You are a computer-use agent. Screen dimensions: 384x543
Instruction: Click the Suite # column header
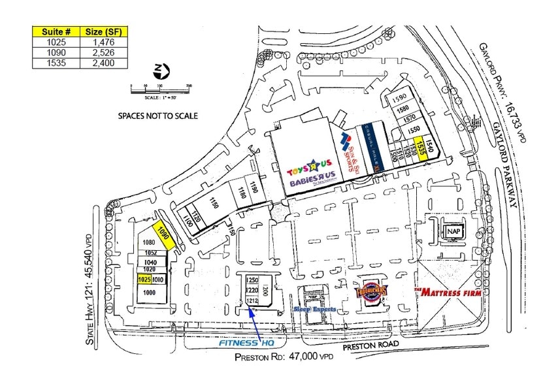pyautogui.click(x=55, y=31)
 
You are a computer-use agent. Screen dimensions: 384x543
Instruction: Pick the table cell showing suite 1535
pyautogui.click(x=55, y=63)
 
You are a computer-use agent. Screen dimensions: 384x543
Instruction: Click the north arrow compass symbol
pyautogui.click(x=159, y=71)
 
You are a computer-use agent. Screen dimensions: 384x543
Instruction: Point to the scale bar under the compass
pyautogui.click(x=160, y=88)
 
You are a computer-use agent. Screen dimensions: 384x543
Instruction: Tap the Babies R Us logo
pyautogui.click(x=312, y=183)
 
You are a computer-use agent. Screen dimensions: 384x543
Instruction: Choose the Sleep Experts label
pyautogui.click(x=314, y=309)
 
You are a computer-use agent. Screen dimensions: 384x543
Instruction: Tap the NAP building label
pyautogui.click(x=452, y=232)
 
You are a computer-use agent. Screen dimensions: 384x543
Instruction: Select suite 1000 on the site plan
pyautogui.click(x=150, y=293)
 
